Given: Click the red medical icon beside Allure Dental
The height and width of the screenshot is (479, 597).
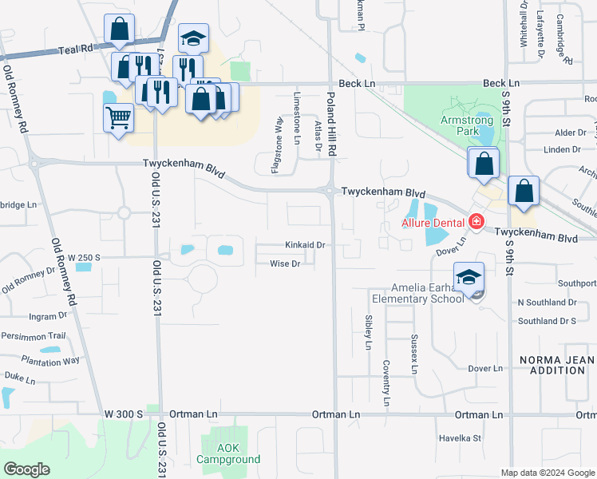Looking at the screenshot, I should [476, 220].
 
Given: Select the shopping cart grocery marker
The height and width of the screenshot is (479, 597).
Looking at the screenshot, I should [118, 118].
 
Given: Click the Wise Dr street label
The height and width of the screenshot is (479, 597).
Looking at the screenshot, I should [285, 263].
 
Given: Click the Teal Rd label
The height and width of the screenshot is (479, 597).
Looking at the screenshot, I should [76, 49].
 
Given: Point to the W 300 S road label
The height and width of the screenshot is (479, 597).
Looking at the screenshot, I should [124, 414].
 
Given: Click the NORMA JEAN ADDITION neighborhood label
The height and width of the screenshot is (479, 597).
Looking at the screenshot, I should [557, 365].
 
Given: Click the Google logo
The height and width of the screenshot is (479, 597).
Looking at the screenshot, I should [26, 469].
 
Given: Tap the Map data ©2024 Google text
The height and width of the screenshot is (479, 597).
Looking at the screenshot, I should [547, 473].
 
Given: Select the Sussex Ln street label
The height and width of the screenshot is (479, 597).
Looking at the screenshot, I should [414, 354].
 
